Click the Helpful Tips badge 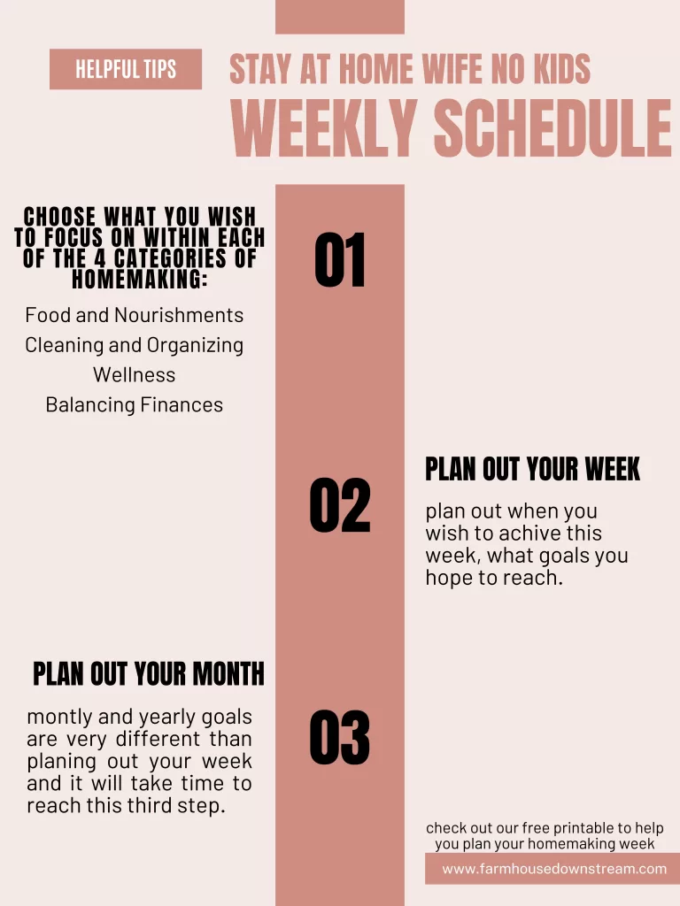point(126,69)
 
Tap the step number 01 point(340,260)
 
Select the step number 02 point(340,505)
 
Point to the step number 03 point(340,737)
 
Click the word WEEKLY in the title point(324,128)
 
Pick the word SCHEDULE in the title point(552,128)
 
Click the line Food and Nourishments point(135,315)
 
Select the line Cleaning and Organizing point(135,345)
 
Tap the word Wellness point(135,375)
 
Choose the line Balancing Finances point(135,405)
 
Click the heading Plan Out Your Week point(532,469)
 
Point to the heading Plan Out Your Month point(149,673)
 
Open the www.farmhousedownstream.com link point(554,869)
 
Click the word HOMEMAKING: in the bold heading point(139,280)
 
